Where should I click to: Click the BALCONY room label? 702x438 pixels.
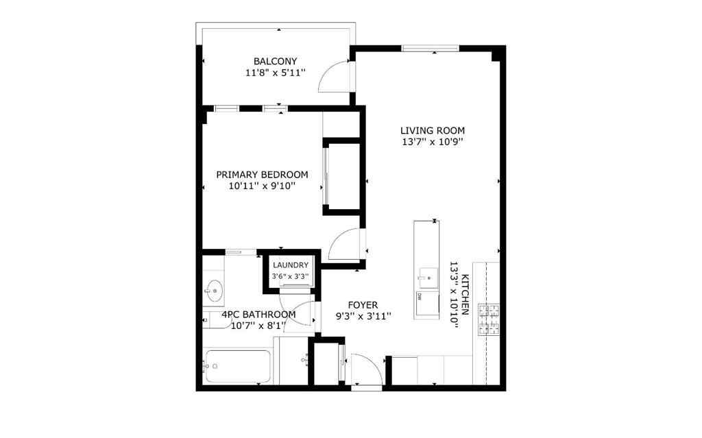(x=276, y=61)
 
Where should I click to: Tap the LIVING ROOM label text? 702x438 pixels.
(x=433, y=130)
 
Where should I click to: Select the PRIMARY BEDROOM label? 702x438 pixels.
(x=262, y=174)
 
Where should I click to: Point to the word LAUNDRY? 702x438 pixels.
(x=291, y=265)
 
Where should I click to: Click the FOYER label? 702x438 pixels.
(x=363, y=305)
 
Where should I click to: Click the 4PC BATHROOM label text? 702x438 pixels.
(x=258, y=315)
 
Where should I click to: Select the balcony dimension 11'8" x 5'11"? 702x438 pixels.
(x=276, y=72)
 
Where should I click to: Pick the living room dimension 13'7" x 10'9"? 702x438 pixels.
(x=433, y=142)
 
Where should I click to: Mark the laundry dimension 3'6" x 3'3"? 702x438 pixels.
(x=291, y=276)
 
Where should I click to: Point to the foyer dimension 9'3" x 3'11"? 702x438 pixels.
(x=363, y=316)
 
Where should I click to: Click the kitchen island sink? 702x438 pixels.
(x=426, y=276)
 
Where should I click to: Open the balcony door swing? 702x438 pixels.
(x=336, y=77)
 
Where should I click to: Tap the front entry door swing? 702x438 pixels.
(x=366, y=370)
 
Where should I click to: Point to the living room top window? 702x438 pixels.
(x=430, y=48)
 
